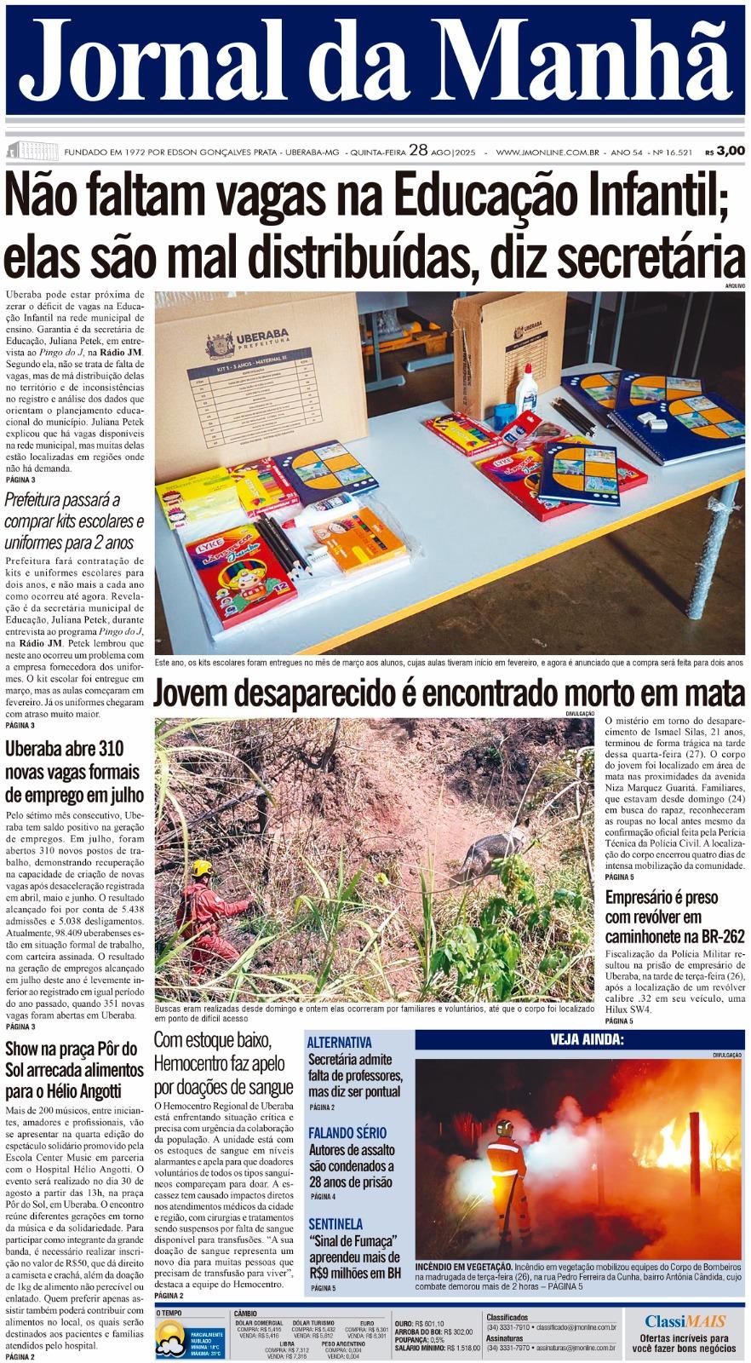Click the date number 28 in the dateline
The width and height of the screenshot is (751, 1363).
pyautogui.click(x=417, y=151)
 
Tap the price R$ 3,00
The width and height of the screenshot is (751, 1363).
pyautogui.click(x=725, y=152)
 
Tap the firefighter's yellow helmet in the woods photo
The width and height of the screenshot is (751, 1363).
pyautogui.click(x=202, y=869)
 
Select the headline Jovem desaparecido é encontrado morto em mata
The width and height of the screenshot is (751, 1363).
pyautogui.click(x=449, y=694)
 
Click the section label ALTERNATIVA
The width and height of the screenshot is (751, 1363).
pyautogui.click(x=339, y=1042)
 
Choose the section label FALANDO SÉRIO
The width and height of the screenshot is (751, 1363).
pyautogui.click(x=347, y=1133)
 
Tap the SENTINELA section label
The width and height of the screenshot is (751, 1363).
pyautogui.click(x=336, y=1224)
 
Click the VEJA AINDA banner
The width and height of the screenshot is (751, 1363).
pyautogui.click(x=581, y=1039)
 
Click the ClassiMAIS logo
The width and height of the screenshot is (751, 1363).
pyautogui.click(x=685, y=1321)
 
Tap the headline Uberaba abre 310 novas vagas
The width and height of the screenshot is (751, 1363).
pyautogui.click(x=75, y=772)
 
